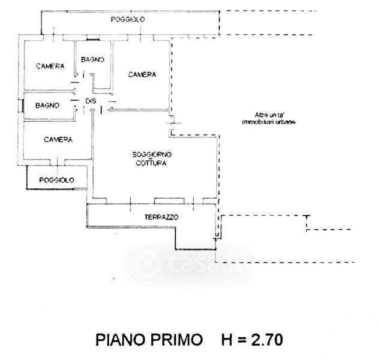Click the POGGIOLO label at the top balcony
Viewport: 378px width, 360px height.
[128, 20]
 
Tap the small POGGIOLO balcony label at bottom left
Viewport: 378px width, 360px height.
[56, 180]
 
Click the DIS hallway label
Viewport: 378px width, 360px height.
[91, 101]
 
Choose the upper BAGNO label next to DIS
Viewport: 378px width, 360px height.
[92, 59]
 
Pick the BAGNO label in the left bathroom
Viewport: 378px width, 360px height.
[47, 106]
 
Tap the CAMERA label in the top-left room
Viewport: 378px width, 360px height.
[50, 66]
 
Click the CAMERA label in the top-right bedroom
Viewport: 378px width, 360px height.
[142, 75]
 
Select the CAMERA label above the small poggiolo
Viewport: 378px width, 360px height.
[58, 140]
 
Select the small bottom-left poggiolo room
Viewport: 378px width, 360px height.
[57, 177]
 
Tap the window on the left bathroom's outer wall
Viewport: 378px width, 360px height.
[22, 106]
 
